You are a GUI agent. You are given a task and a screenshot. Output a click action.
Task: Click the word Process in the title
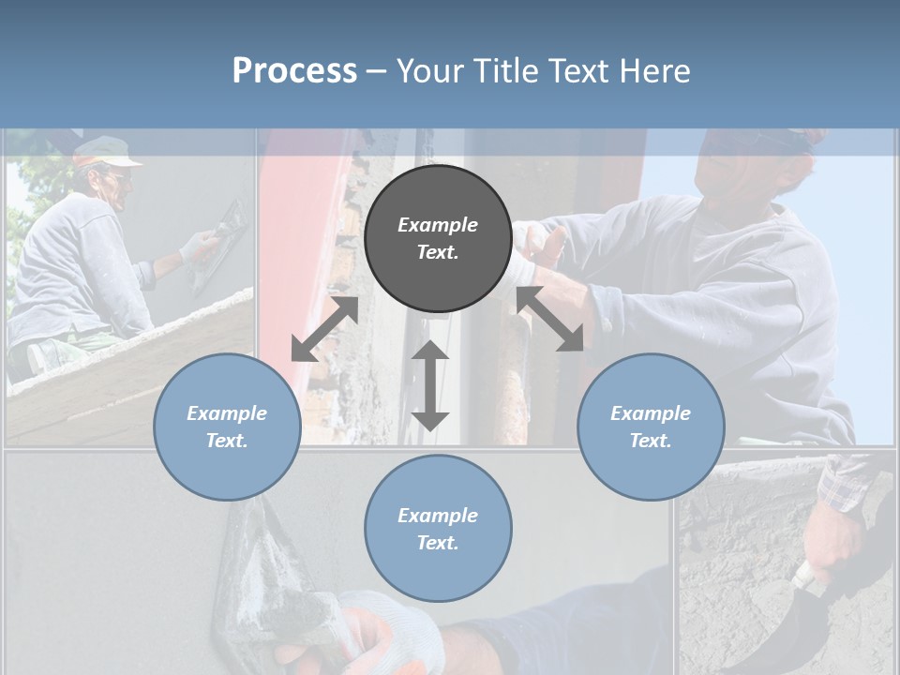tap(294, 70)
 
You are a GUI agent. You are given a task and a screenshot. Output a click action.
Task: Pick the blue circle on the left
tap(227, 427)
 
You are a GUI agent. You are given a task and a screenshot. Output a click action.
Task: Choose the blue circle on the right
tap(651, 427)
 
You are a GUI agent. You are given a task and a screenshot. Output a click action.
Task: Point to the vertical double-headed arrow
tap(430, 385)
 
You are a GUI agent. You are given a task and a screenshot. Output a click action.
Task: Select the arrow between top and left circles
tap(324, 329)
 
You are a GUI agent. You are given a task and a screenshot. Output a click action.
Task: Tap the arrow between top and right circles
tap(550, 319)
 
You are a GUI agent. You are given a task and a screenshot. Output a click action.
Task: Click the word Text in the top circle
tap(438, 253)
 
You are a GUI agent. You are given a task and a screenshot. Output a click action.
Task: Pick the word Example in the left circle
tap(227, 413)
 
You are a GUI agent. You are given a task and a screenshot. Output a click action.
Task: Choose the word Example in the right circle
tap(651, 413)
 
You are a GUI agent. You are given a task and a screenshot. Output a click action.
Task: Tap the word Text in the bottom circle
tap(438, 543)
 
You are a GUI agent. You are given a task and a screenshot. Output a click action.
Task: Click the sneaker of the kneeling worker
tap(45, 356)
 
